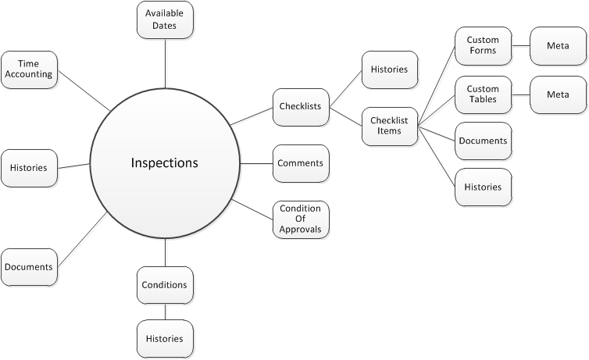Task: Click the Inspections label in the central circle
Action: click(x=164, y=163)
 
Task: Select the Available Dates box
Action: click(x=165, y=20)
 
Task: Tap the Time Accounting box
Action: click(x=30, y=69)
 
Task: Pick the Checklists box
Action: click(x=301, y=107)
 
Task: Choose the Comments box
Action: click(x=301, y=163)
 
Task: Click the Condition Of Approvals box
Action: click(x=301, y=219)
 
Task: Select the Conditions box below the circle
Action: click(x=165, y=285)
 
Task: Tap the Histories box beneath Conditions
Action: click(x=165, y=339)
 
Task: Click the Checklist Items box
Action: click(x=390, y=125)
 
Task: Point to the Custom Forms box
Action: click(x=483, y=46)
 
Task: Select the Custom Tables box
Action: click(x=483, y=94)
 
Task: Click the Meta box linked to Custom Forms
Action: click(x=558, y=46)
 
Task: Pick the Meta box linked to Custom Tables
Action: click(x=558, y=94)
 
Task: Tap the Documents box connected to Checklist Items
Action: click(x=483, y=141)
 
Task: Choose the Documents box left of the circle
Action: click(x=29, y=267)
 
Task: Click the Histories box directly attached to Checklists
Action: click(x=390, y=70)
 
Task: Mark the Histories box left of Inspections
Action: click(x=29, y=168)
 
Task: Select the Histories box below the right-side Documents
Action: click(x=483, y=187)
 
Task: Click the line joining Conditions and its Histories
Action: click(x=165, y=312)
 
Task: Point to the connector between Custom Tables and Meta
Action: click(x=521, y=94)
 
